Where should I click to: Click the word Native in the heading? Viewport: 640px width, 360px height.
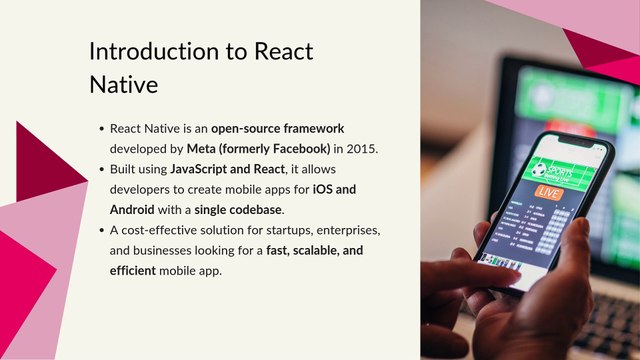123,85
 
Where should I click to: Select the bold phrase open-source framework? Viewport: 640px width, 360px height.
277,128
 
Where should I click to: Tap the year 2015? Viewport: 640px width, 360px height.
361,149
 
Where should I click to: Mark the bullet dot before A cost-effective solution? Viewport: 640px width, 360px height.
102,231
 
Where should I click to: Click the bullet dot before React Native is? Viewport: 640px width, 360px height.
102,129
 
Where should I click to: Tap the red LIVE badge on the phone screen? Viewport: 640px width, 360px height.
549,191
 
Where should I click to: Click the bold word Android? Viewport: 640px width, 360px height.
132,210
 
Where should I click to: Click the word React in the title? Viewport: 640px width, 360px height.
283,52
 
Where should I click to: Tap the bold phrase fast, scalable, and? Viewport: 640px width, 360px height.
322,251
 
